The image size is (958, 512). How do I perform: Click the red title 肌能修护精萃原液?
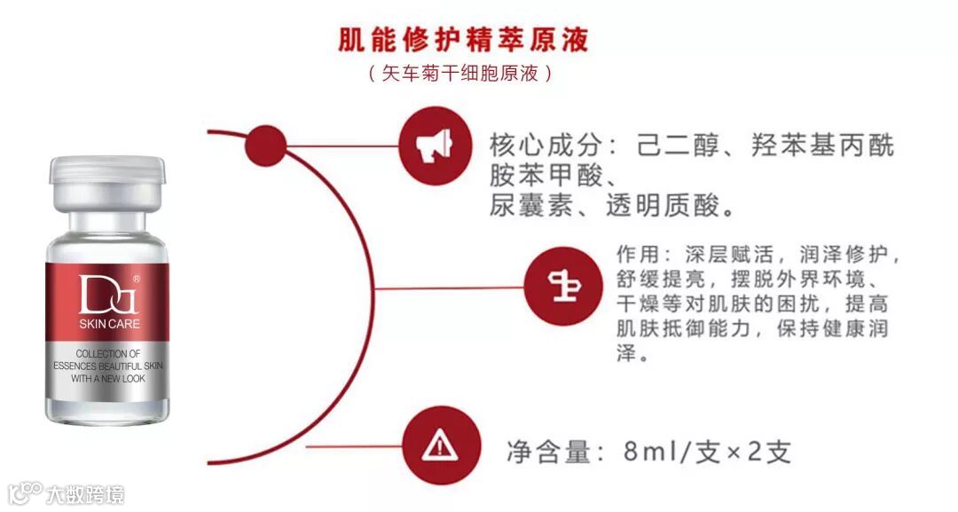click(x=463, y=41)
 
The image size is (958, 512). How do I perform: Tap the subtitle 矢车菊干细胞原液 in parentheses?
click(x=462, y=74)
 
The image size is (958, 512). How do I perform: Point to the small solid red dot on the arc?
click(x=263, y=142)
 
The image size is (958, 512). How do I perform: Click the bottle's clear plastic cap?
click(x=107, y=181)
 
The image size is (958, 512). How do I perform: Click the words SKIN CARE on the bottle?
click(x=109, y=324)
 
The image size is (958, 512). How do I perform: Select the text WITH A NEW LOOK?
click(x=108, y=378)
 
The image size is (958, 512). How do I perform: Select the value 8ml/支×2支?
click(x=706, y=452)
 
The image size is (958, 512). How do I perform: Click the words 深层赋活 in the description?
click(x=717, y=255)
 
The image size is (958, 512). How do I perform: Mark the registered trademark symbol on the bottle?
click(x=136, y=280)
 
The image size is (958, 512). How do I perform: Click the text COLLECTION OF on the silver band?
click(x=108, y=353)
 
